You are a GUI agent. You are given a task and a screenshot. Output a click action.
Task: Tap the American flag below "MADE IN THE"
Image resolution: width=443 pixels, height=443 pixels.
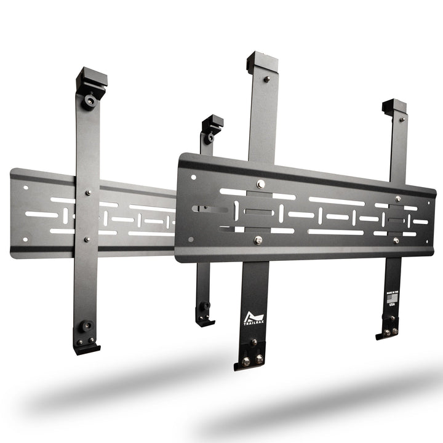392,301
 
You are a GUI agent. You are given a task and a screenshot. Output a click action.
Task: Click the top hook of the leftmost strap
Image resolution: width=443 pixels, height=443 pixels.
92,79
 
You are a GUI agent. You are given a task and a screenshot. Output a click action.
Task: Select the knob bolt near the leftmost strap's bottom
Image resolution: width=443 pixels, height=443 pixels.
85,326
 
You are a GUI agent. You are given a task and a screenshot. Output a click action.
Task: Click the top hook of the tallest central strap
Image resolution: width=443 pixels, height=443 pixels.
262,62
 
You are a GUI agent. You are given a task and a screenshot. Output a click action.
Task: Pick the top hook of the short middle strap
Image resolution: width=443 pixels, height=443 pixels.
213,122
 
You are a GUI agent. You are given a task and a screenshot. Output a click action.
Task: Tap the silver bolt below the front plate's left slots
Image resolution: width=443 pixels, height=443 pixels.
256,240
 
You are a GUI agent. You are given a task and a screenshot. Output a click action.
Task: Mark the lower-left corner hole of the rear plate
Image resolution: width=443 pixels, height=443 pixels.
25,239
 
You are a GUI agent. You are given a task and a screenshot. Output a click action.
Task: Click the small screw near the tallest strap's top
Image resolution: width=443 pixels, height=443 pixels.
266,79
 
